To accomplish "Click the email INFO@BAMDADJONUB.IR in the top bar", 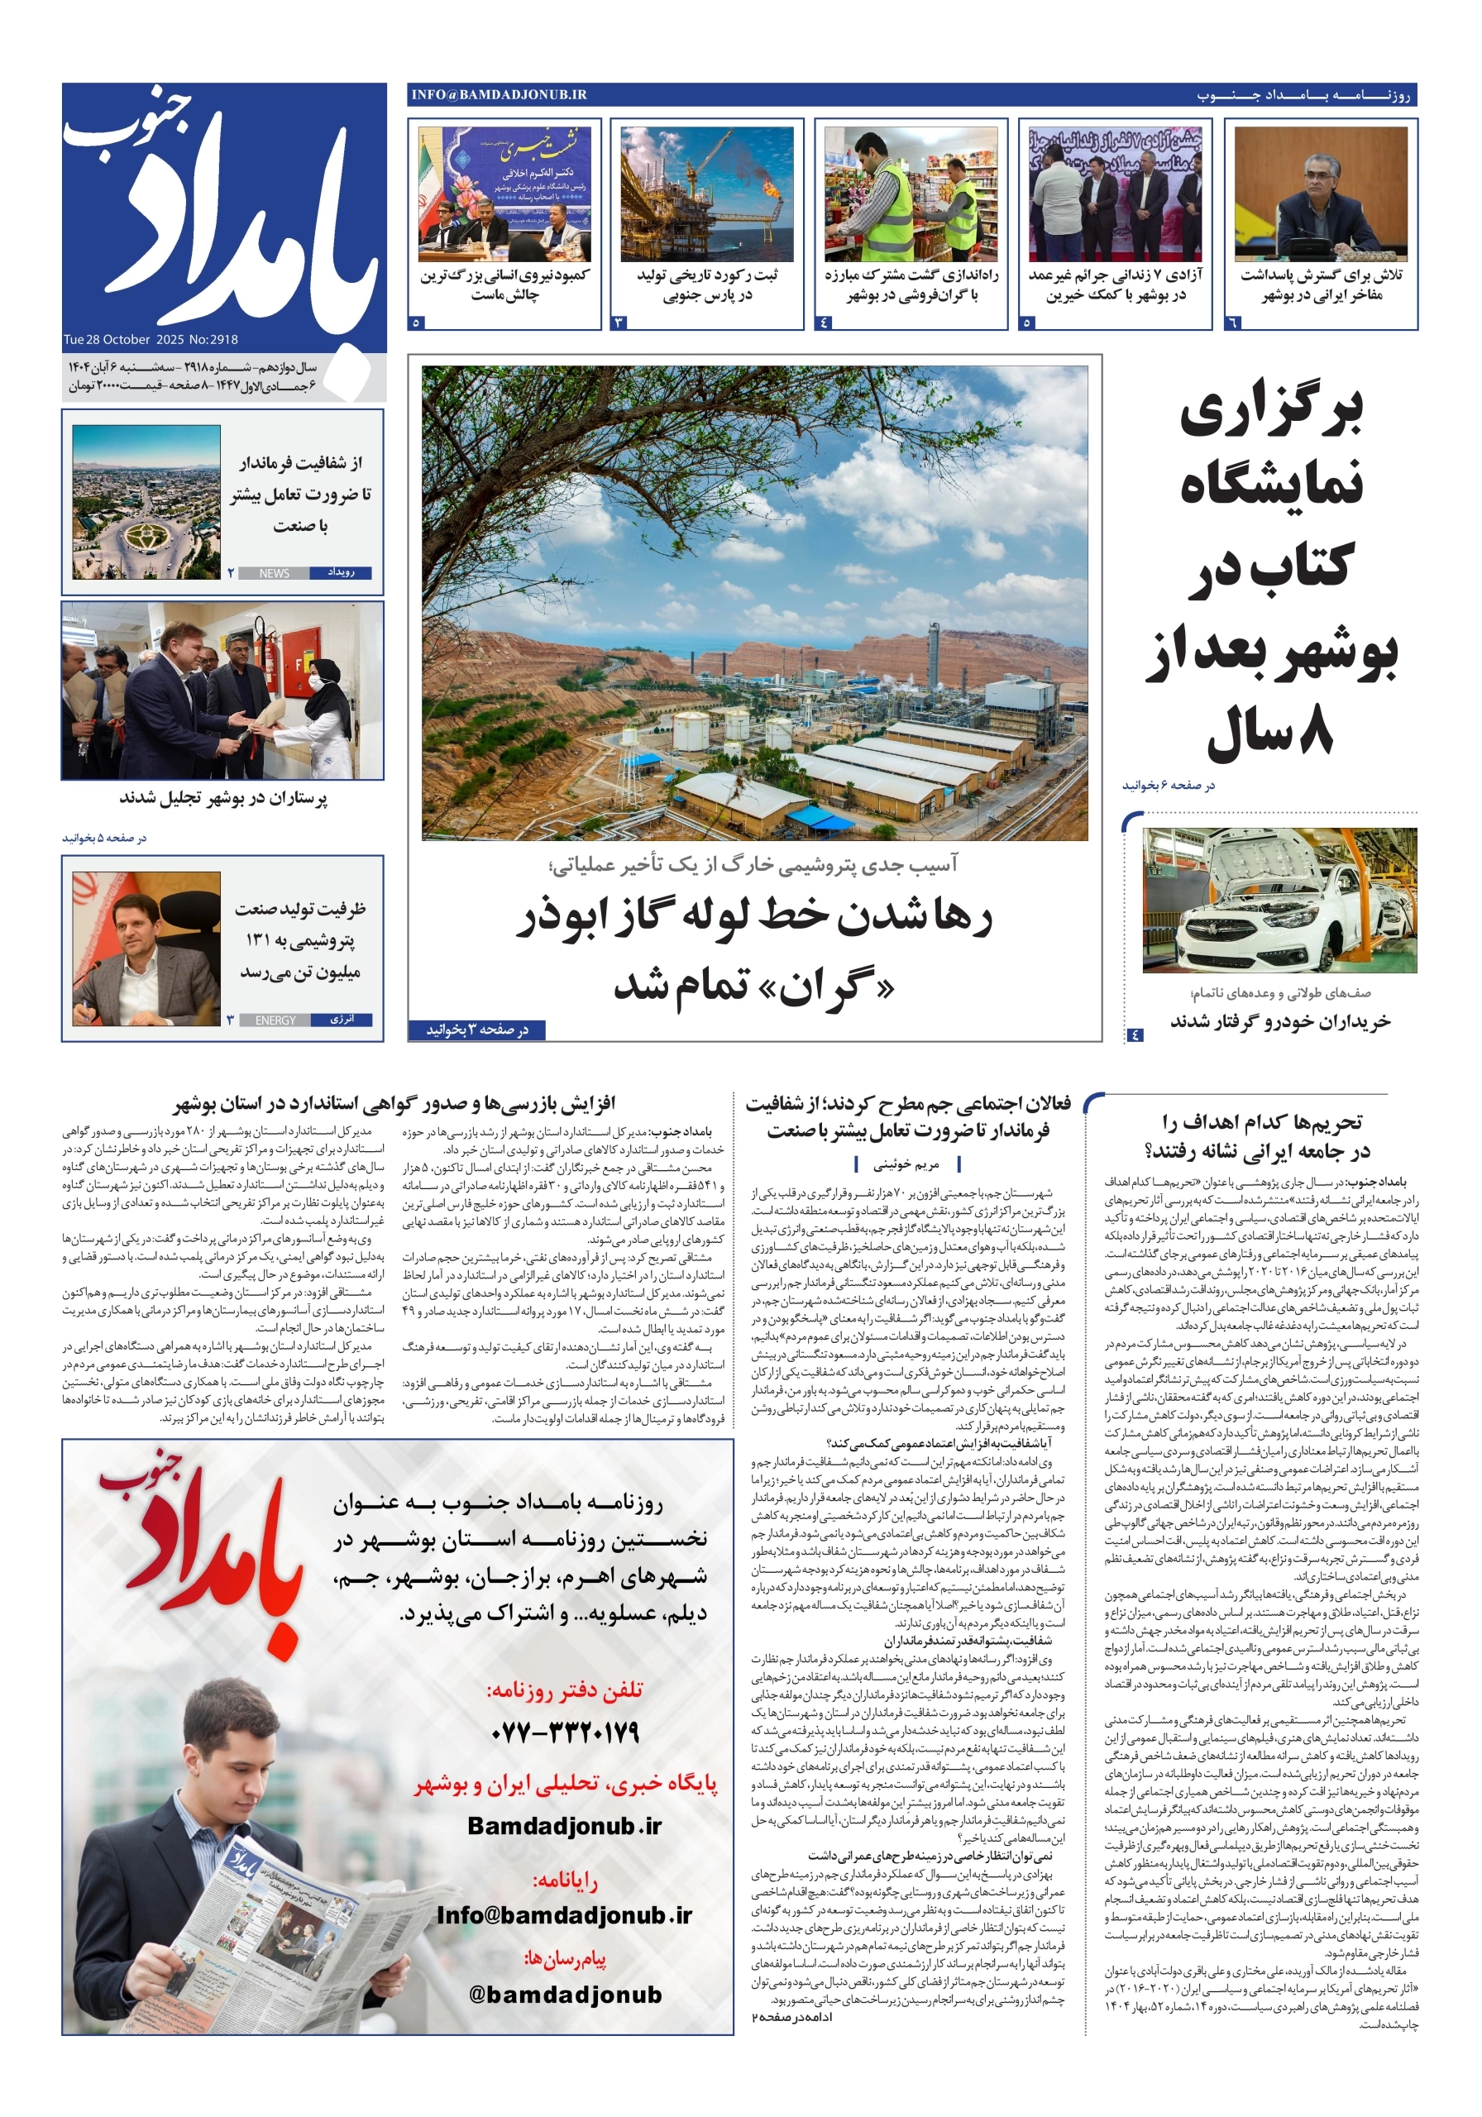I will [499, 94].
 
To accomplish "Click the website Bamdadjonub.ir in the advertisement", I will [564, 1826].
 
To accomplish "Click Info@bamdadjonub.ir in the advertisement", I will [564, 1915].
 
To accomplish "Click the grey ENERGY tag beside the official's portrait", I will [275, 1020].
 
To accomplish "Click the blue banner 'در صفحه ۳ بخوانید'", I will [476, 1030].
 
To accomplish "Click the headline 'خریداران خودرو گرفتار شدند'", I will [1280, 1021].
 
